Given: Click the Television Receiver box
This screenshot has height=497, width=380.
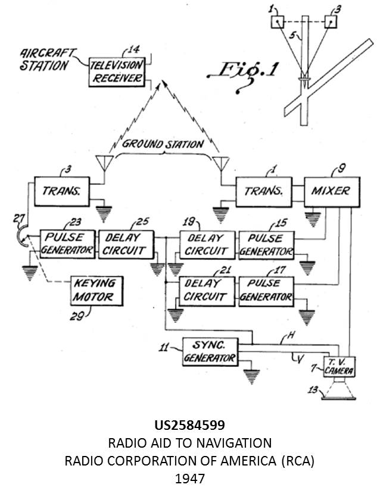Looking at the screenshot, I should [x=117, y=72].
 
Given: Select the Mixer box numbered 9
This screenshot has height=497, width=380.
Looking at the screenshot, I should [x=330, y=191].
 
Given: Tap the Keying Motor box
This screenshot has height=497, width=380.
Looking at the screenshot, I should [x=95, y=290].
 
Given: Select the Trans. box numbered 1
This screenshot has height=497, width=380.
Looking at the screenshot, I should [x=266, y=191].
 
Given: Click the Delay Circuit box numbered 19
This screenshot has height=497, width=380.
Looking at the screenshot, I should [x=205, y=244].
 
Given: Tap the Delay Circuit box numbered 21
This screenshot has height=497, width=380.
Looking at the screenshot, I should [x=205, y=290].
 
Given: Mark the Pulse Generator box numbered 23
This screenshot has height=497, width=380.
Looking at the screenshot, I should [x=67, y=244].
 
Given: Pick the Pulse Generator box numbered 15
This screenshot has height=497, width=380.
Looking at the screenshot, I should [x=266, y=244].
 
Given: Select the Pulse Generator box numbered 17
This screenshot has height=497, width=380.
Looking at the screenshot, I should [x=266, y=290].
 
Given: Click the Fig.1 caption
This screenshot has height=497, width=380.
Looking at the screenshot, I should [x=242, y=72].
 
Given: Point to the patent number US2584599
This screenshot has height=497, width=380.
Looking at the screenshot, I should [x=189, y=426].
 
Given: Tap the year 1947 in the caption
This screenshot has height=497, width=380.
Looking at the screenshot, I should [x=189, y=477].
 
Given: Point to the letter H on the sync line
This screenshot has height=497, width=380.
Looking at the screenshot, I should [x=291, y=336].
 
